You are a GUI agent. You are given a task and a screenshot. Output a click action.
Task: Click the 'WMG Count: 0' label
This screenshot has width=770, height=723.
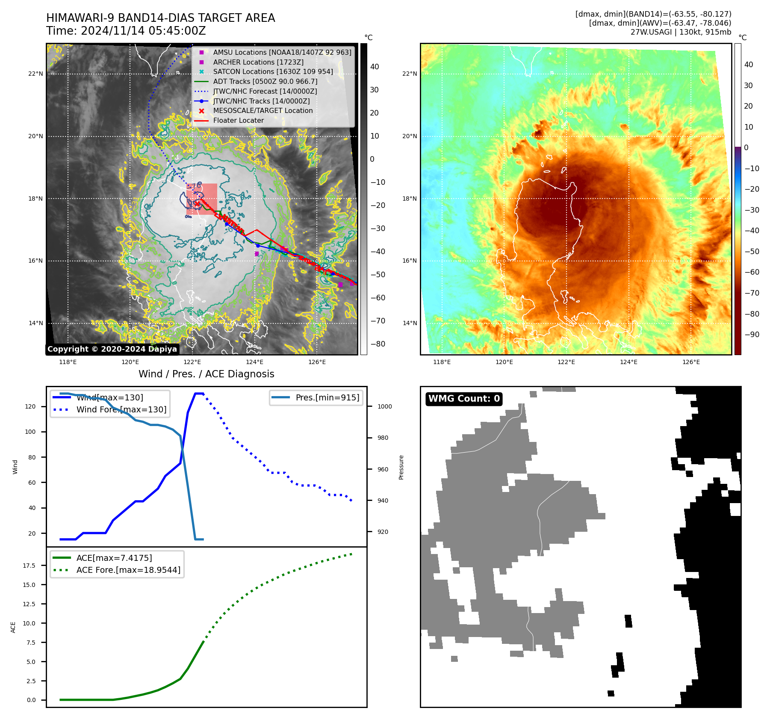click(x=464, y=399)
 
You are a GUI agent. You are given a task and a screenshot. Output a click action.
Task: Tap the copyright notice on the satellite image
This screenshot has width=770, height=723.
click(x=112, y=349)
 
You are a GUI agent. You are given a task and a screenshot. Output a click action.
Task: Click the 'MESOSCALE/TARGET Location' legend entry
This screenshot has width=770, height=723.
click(x=263, y=111)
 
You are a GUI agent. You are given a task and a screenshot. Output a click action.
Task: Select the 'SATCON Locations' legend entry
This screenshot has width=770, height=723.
click(x=273, y=72)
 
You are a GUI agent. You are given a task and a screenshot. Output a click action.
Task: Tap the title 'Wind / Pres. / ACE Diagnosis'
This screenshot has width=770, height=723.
click(x=206, y=374)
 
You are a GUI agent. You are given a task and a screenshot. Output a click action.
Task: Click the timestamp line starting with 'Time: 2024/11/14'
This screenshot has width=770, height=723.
click(x=126, y=31)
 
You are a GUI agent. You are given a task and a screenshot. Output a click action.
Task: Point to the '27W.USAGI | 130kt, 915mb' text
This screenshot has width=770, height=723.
click(x=681, y=32)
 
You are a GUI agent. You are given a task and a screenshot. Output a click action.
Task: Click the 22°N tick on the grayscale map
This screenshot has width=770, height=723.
click(x=36, y=74)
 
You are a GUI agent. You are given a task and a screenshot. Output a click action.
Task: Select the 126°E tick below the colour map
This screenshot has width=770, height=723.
click(x=691, y=362)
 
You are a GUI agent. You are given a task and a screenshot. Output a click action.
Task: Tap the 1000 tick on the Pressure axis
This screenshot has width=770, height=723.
click(x=384, y=406)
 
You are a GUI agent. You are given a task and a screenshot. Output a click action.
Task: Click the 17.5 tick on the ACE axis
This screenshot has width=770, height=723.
click(x=29, y=566)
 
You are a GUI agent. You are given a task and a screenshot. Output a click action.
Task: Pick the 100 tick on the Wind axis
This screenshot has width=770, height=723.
click(x=30, y=432)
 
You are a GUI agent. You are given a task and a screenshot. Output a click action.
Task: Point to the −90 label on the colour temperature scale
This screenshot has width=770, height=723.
click(x=752, y=335)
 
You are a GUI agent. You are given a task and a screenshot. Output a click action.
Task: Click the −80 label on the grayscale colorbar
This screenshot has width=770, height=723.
click(x=378, y=344)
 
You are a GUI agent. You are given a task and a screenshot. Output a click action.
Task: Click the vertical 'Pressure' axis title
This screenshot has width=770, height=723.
click(x=401, y=467)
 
